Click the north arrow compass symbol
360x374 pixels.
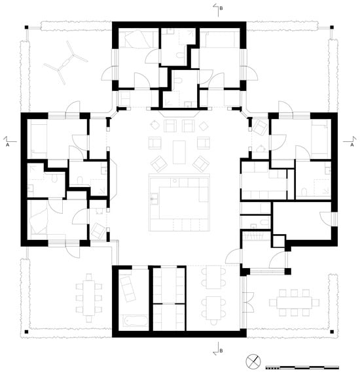click(253, 361)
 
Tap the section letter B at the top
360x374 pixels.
click(221, 8)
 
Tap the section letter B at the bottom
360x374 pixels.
click(221, 351)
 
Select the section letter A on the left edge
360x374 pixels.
click(7, 146)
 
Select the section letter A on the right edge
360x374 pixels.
click(352, 146)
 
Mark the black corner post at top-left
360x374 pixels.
click(26, 27)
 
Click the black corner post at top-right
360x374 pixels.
click(332, 27)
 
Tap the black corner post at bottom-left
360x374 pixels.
click(26, 332)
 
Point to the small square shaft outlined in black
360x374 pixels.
click(278, 241)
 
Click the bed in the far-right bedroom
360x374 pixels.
click(319, 139)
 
